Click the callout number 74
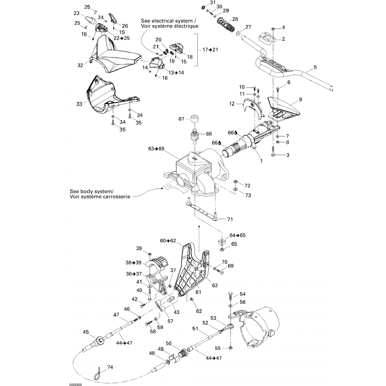pos(110,367)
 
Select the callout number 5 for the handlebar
pos(315,67)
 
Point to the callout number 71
pos(230,219)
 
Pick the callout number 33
pos(79,104)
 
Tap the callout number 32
pos(80,65)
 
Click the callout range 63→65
pos(156,149)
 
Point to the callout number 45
pos(86,332)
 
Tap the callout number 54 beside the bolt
pos(243,294)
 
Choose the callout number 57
pos(170,321)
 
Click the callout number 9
pos(301,99)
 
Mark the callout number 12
pos(232,104)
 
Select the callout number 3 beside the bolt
pos(288,155)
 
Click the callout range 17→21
pos(210,49)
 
